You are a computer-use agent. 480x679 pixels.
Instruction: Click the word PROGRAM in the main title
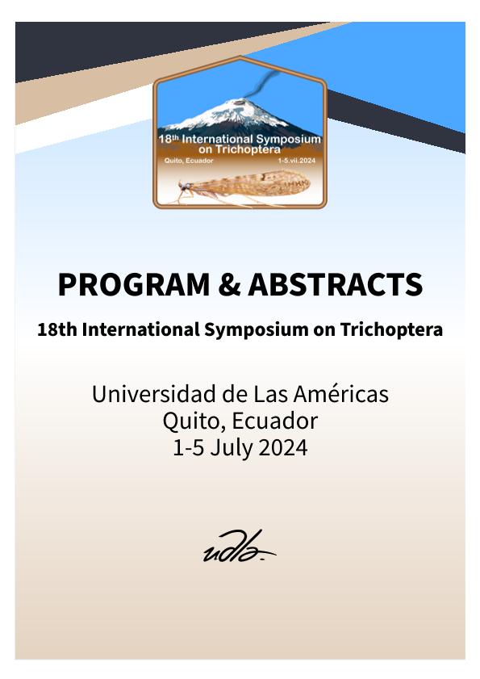tap(134, 284)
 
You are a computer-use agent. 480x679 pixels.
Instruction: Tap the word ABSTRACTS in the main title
tap(335, 284)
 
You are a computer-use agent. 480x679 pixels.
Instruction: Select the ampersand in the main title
tap(229, 284)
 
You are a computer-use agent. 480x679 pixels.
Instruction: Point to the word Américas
tap(341, 394)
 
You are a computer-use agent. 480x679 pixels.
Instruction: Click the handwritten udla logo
tap(240, 547)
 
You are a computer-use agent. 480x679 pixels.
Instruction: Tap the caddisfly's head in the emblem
tap(185, 187)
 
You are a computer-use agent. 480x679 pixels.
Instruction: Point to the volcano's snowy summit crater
tap(238, 103)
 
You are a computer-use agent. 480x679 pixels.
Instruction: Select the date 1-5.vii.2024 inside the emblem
tap(297, 161)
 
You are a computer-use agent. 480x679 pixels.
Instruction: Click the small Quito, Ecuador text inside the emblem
tap(189, 161)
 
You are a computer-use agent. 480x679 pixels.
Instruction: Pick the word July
tap(232, 448)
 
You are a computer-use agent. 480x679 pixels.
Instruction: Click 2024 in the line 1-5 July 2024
tap(283, 447)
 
